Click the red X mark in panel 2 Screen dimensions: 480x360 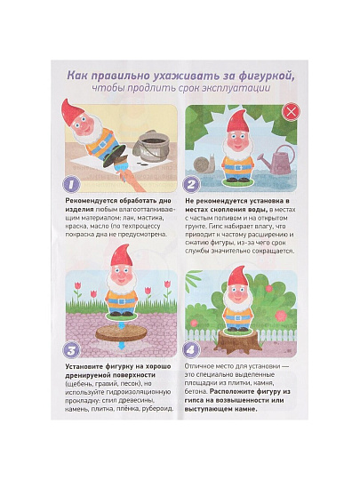(x=290, y=112)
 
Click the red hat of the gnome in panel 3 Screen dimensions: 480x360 (x=122, y=260)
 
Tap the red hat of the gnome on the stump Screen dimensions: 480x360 (x=236, y=278)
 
